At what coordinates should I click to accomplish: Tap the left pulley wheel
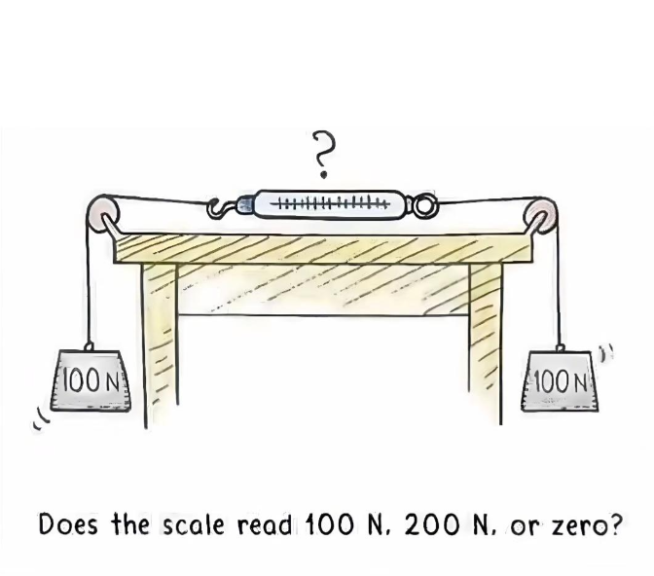point(102,213)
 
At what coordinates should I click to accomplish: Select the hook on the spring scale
point(220,207)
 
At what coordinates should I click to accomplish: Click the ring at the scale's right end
point(423,206)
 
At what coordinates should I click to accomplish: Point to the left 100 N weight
point(91,379)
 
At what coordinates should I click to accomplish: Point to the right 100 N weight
point(560,380)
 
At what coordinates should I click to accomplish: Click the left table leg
point(160,344)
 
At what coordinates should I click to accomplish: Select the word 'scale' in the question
point(193,524)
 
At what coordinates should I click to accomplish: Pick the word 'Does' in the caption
point(68,524)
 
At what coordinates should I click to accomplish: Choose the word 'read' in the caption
point(265,524)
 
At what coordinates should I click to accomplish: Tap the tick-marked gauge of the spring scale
point(330,204)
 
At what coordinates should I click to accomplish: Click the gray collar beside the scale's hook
point(245,204)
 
